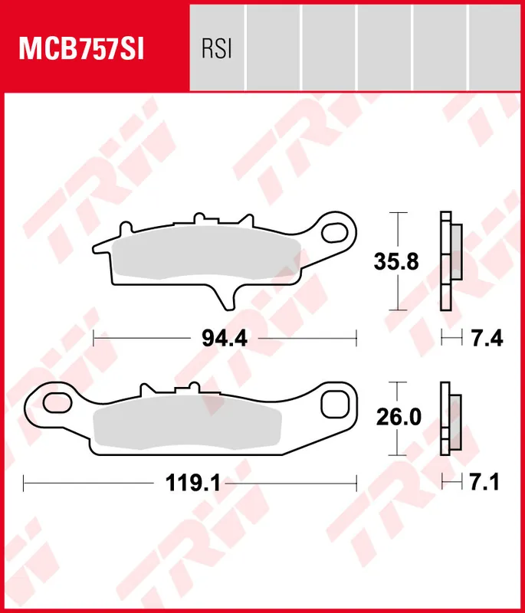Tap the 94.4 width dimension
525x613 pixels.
click(224, 337)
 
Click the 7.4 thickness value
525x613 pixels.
click(487, 337)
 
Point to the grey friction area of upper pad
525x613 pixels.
click(207, 254)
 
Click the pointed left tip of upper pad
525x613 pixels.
click(95, 247)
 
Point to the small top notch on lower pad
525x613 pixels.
click(186, 389)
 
